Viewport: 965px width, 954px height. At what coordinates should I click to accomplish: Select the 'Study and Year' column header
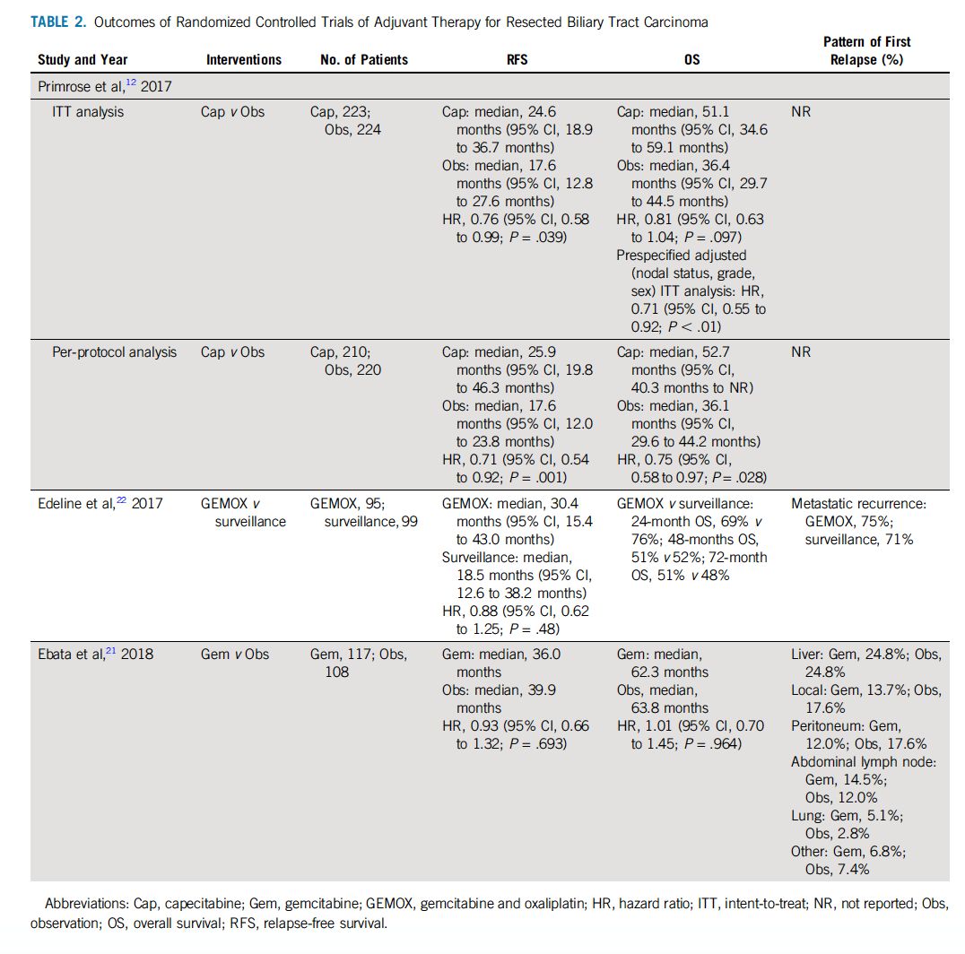pyautogui.click(x=83, y=60)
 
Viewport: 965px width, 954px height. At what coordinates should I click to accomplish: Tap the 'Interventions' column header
pyautogui.click(x=244, y=60)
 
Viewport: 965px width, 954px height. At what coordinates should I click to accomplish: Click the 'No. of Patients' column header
pyautogui.click(x=364, y=60)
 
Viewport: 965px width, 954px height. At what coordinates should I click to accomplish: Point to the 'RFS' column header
pyautogui.click(x=518, y=60)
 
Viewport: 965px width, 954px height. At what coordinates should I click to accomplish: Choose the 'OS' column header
pyautogui.click(x=691, y=60)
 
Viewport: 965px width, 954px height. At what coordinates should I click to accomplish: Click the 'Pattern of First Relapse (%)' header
pyautogui.click(x=866, y=50)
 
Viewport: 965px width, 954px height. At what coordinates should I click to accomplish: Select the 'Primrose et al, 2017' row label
pyautogui.click(x=104, y=86)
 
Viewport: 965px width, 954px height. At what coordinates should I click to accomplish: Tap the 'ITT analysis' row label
pyautogui.click(x=89, y=112)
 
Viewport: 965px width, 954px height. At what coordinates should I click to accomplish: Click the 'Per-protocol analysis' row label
pyautogui.click(x=115, y=352)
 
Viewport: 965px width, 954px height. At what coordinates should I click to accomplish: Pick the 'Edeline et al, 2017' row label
pyautogui.click(x=100, y=504)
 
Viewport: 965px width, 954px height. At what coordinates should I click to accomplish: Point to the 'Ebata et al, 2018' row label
pyautogui.click(x=95, y=655)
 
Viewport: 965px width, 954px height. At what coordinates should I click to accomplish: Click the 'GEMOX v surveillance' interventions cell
pyautogui.click(x=242, y=512)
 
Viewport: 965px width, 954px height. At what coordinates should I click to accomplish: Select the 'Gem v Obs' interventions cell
pyautogui.click(x=235, y=655)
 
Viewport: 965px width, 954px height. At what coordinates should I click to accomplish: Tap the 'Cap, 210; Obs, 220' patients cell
pyautogui.click(x=350, y=360)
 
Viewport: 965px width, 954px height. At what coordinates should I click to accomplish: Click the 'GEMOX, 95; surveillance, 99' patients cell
pyautogui.click(x=364, y=512)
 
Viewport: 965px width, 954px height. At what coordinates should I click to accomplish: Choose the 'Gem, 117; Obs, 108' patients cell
pyautogui.click(x=359, y=663)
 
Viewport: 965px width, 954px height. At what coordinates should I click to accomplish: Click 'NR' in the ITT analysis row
pyautogui.click(x=800, y=112)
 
